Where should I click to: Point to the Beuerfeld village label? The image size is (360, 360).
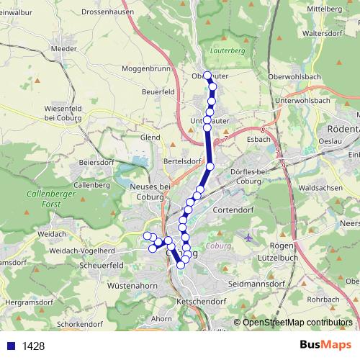(x=159, y=93)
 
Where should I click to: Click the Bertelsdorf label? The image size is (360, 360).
(x=181, y=161)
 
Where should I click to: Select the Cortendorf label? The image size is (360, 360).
(x=235, y=209)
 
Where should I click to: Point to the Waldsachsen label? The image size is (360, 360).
(x=321, y=186)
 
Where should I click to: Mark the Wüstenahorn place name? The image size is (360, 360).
(x=132, y=286)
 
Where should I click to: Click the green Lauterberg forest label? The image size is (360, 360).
(x=228, y=51)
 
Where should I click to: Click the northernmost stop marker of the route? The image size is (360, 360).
(x=207, y=76)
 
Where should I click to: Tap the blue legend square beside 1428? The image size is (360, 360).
(x=11, y=346)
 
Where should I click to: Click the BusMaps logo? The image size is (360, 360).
(x=325, y=346)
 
